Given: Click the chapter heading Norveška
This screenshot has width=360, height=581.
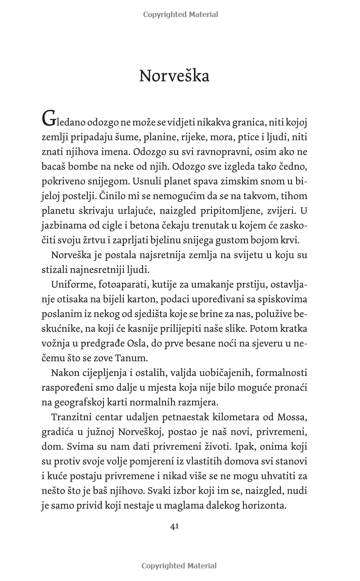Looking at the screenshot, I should [174, 76].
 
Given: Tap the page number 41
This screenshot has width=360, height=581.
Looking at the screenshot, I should [175, 527].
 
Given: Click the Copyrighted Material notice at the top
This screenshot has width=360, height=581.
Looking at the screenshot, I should [180, 14].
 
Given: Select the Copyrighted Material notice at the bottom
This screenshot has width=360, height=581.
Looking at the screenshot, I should [179, 566].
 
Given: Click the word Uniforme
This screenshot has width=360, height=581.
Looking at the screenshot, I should [72, 285].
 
